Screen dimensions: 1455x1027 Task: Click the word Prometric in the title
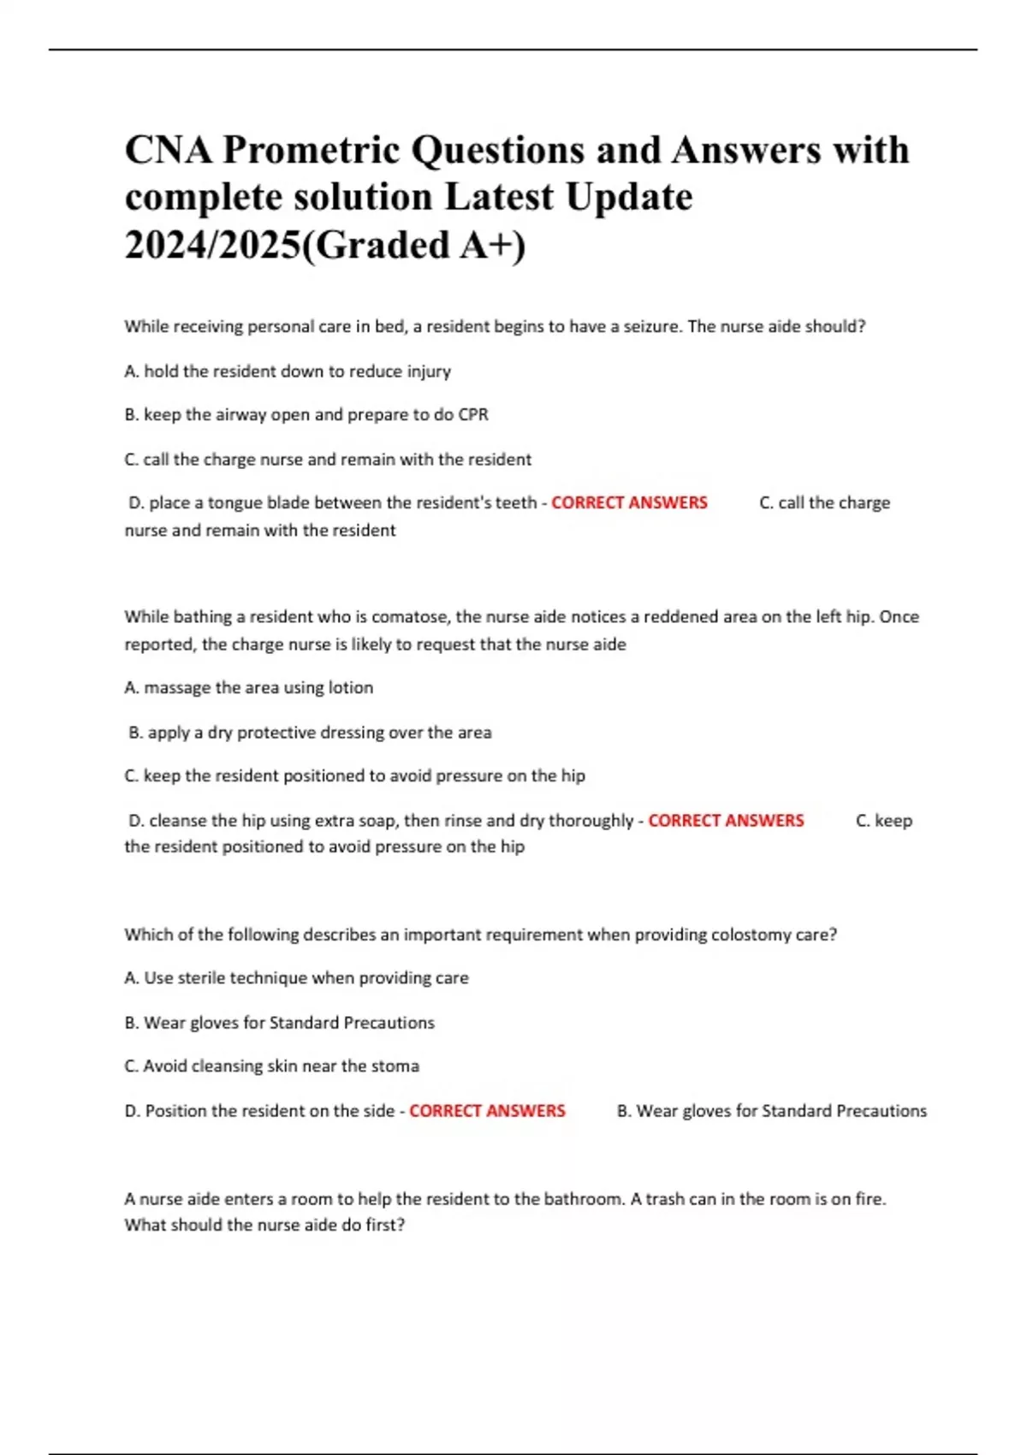pyautogui.click(x=311, y=151)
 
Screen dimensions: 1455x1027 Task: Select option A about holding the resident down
pyautogui.click(x=288, y=371)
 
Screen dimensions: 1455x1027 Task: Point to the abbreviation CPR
pyautogui.click(x=473, y=415)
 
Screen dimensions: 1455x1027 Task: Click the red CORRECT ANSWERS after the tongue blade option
pyautogui.click(x=629, y=502)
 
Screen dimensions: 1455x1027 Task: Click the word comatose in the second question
pyautogui.click(x=410, y=616)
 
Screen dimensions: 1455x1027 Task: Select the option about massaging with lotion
pyautogui.click(x=248, y=687)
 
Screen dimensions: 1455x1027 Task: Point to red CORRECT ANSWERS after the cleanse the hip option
pyautogui.click(x=726, y=820)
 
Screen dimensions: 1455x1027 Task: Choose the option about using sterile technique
pyautogui.click(x=296, y=977)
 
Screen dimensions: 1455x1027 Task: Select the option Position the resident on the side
pyautogui.click(x=259, y=1111)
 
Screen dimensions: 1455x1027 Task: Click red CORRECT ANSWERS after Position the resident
pyautogui.click(x=487, y=1111)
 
